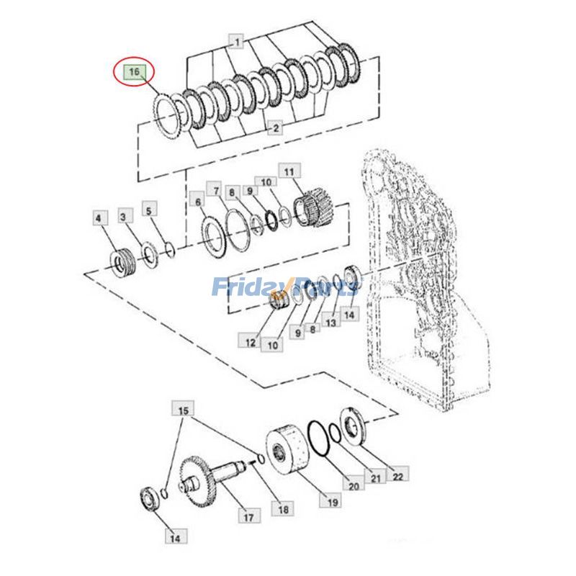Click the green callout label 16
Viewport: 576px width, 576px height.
pyautogui.click(x=134, y=71)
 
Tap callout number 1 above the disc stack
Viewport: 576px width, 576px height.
pyautogui.click(x=237, y=41)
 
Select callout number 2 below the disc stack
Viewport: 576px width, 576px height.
pyautogui.click(x=275, y=127)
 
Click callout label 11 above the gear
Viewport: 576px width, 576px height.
pyautogui.click(x=289, y=172)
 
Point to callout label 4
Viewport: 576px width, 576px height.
pyautogui.click(x=98, y=218)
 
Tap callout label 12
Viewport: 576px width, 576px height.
pyautogui.click(x=250, y=343)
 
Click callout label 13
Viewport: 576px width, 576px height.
pyautogui.click(x=331, y=322)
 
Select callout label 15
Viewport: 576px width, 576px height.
pyautogui.click(x=183, y=410)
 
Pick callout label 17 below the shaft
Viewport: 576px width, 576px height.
pyautogui.click(x=248, y=517)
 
